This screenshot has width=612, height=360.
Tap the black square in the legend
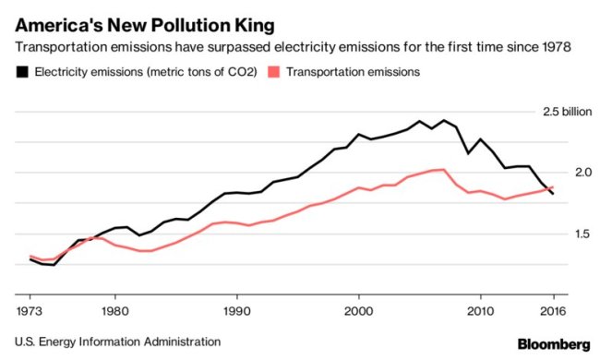tap(20, 70)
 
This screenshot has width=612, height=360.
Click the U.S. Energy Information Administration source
tap(117, 342)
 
